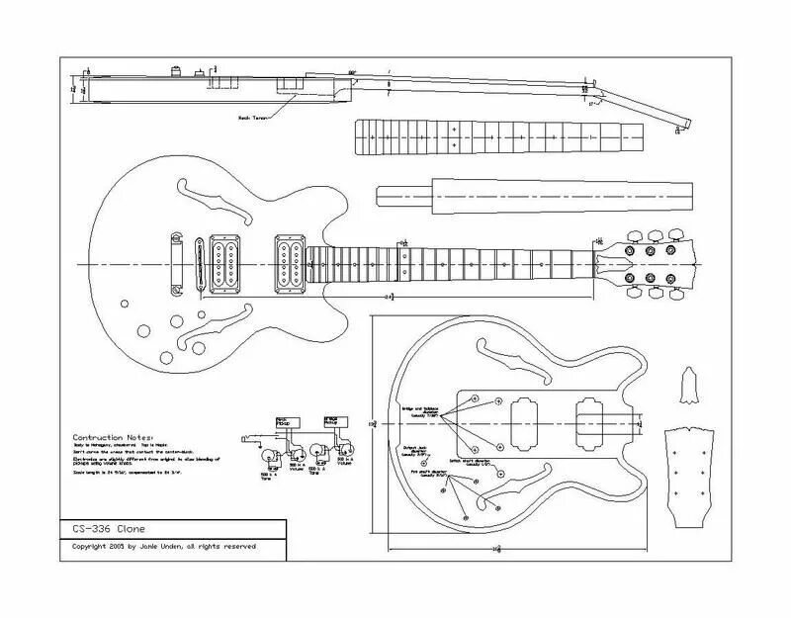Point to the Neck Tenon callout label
point(251,116)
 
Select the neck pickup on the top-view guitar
point(290,263)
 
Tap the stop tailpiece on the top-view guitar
point(176,263)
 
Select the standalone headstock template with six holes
point(693,476)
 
